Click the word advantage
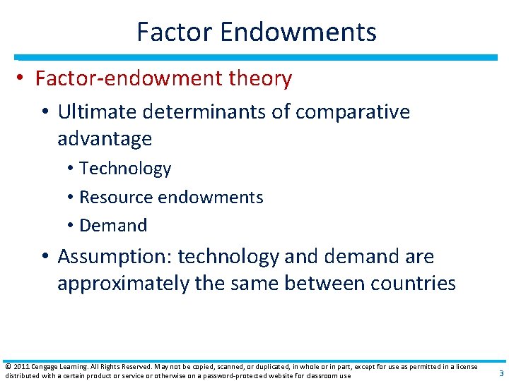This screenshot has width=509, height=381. click(x=105, y=139)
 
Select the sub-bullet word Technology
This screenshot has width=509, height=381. click(x=125, y=169)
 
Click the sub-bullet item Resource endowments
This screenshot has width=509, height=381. click(x=171, y=198)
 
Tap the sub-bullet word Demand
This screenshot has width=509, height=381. click(x=113, y=226)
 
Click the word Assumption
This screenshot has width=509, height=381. click(x=115, y=257)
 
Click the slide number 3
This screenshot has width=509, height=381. click(x=501, y=373)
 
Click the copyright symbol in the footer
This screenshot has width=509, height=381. click(x=7, y=366)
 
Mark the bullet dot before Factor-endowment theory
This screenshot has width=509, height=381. click(x=21, y=79)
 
